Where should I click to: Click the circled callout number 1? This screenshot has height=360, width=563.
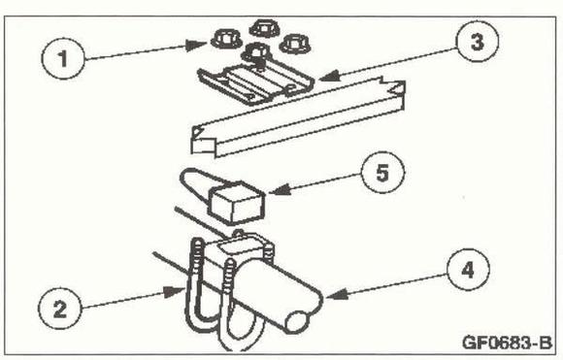click(x=63, y=58)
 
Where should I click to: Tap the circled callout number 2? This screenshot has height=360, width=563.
click(x=60, y=309)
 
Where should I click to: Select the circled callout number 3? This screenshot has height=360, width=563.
click(x=477, y=42)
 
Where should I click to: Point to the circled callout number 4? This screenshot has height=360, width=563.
click(x=468, y=270)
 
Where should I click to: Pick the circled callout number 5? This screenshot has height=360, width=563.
click(x=382, y=173)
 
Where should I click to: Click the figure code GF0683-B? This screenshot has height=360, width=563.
click(x=507, y=343)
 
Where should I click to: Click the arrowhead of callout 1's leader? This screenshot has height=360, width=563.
click(x=196, y=45)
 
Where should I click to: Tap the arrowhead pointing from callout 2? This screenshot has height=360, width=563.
click(x=174, y=291)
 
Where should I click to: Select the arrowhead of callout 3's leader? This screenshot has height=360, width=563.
click(x=328, y=76)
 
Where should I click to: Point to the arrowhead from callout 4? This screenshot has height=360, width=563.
click(x=337, y=294)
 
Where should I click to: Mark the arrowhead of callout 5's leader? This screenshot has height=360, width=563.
click(x=280, y=189)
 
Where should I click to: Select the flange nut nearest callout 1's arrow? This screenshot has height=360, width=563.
click(x=225, y=40)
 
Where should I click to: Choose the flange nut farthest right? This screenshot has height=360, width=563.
click(x=295, y=45)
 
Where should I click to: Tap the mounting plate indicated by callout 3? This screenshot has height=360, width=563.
click(x=255, y=85)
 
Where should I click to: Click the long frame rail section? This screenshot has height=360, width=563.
click(x=298, y=118)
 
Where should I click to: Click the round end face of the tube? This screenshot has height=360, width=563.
click(x=298, y=322)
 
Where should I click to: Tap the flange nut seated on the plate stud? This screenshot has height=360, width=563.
click(x=255, y=52)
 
